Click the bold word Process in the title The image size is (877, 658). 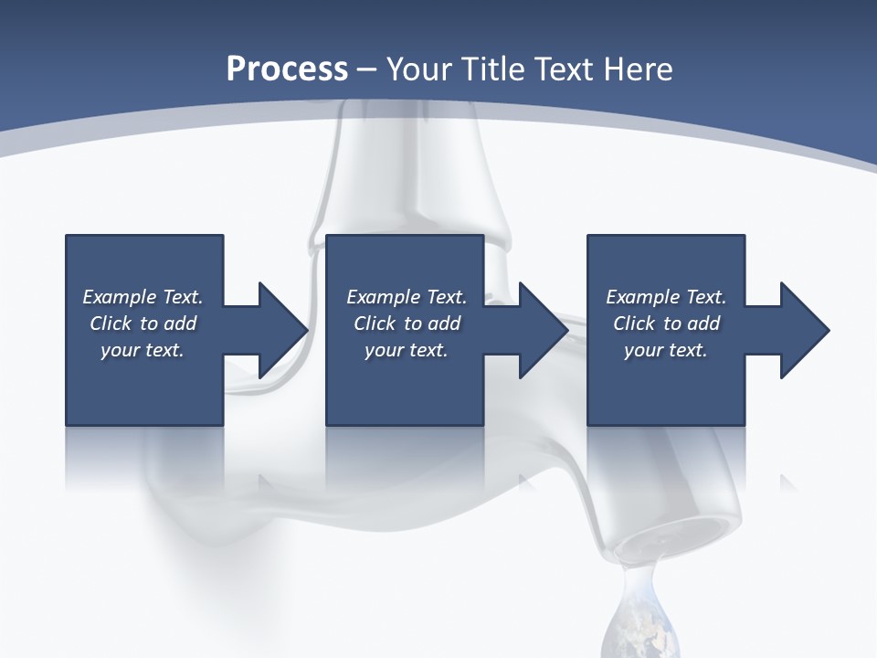point(287,69)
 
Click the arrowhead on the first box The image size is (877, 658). point(281,330)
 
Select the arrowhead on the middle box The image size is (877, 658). point(542,330)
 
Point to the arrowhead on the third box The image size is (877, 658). point(803,330)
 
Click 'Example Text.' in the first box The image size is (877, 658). point(143,297)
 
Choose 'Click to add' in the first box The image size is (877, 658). point(143,324)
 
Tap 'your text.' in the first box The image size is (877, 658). point(143,350)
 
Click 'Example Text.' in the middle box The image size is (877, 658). point(407,297)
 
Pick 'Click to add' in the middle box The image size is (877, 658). point(407,324)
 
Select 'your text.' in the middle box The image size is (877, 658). point(407,350)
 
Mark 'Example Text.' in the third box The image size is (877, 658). point(666,297)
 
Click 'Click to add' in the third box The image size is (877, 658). point(666,324)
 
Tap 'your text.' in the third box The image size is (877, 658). point(666,350)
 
